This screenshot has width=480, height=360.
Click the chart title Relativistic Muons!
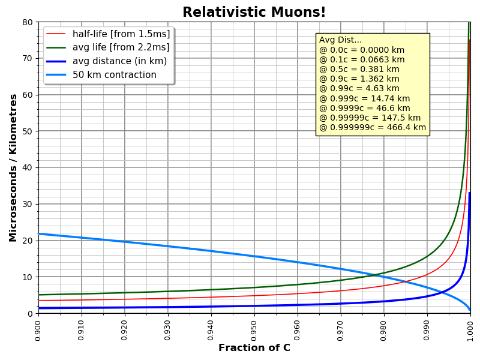click(254, 13)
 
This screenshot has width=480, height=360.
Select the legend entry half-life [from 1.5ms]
click(121, 34)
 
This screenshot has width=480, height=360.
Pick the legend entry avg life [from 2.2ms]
click(121, 47)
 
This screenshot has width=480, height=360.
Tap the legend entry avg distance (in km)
click(119, 61)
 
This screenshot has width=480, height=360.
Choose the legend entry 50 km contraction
click(115, 75)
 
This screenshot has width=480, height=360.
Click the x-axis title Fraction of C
click(254, 348)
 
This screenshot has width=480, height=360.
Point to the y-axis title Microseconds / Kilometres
click(13, 167)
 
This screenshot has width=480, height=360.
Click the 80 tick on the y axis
click(28, 22)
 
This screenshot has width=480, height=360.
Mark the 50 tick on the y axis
click(28, 131)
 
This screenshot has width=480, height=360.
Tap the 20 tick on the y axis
click(28, 241)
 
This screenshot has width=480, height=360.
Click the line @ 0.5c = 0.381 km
click(359, 69)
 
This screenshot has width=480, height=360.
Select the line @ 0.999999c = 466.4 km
click(373, 128)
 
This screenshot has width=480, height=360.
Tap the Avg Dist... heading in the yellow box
click(341, 40)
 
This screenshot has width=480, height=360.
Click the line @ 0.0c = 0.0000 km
click(362, 50)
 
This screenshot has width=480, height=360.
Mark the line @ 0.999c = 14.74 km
click(364, 98)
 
